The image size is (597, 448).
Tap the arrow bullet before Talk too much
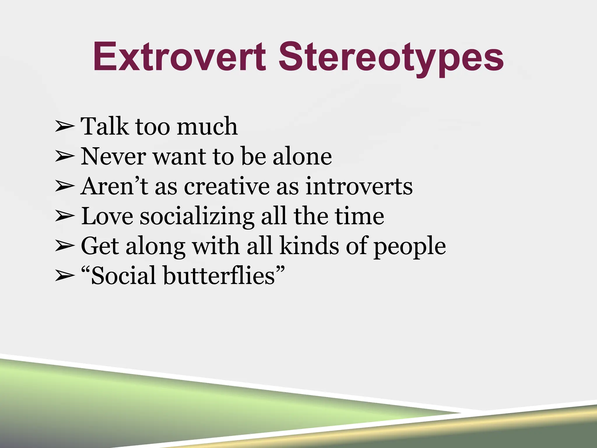64,127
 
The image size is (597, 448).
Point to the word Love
107,216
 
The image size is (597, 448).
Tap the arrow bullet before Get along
64,247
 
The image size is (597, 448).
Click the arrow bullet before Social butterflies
64,276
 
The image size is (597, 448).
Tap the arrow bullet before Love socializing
64,217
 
